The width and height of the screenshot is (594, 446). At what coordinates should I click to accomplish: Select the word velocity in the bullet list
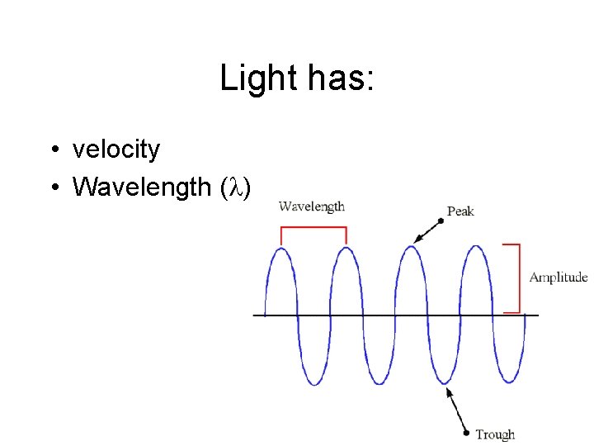[116, 149]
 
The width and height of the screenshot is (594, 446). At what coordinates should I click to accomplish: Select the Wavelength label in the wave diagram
[312, 206]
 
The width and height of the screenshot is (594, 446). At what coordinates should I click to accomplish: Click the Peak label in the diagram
[460, 211]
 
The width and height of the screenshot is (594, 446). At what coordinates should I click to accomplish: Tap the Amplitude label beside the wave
[559, 278]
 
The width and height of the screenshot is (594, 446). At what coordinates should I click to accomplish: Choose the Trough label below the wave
[495, 434]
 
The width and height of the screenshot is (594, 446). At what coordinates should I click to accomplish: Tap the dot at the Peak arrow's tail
[441, 221]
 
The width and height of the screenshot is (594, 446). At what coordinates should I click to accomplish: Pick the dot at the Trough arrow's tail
[468, 433]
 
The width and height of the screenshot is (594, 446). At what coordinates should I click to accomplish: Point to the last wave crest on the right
[476, 247]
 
